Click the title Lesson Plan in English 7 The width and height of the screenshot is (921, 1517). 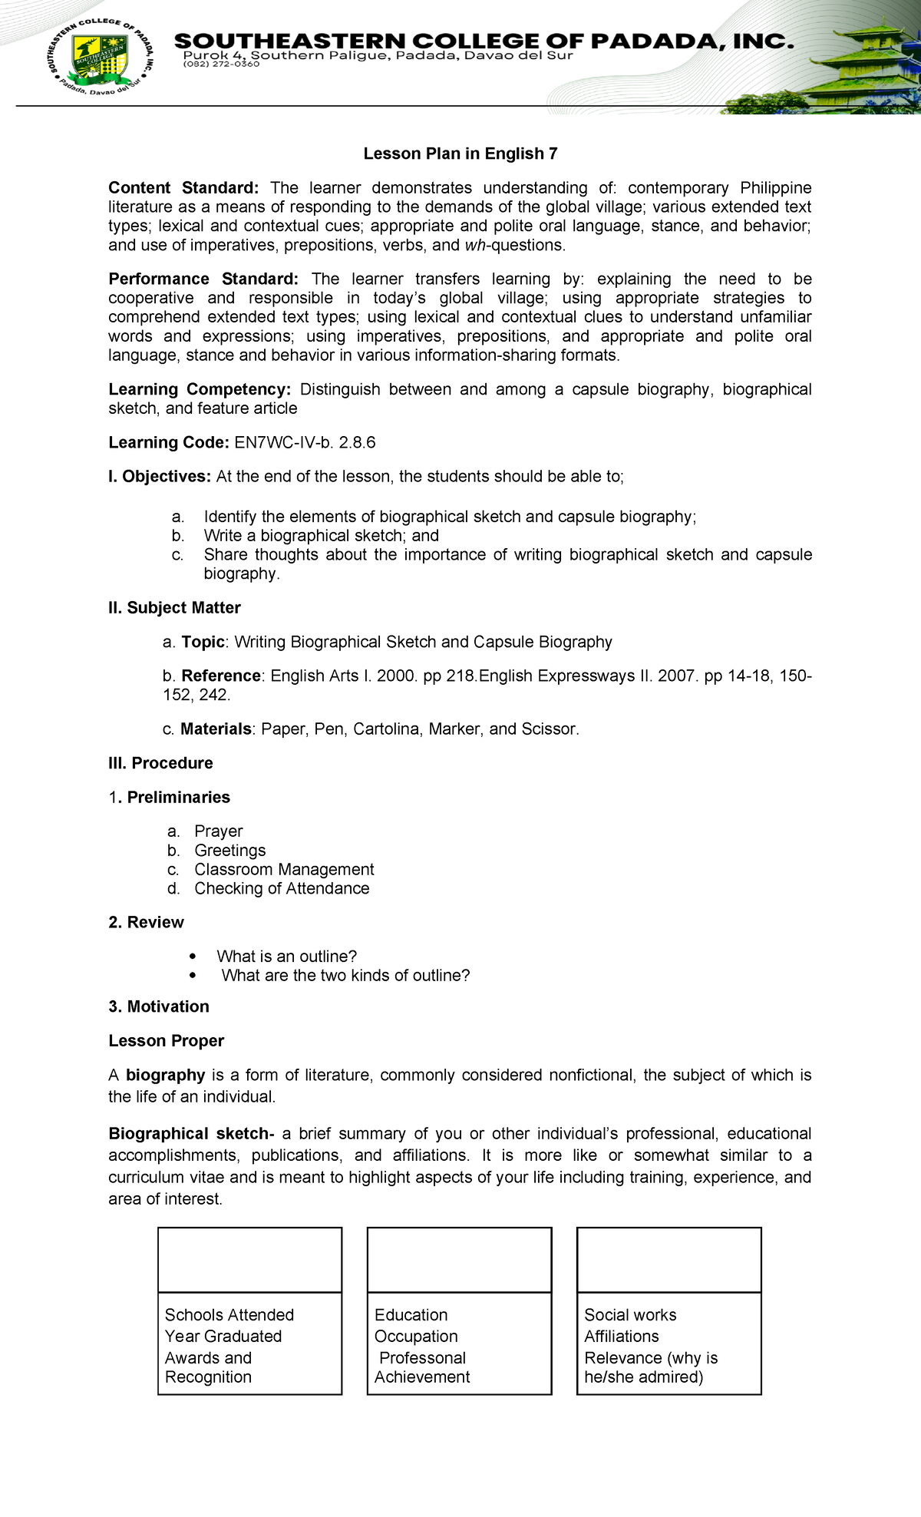click(x=460, y=154)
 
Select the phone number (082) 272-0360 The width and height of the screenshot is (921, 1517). click(x=221, y=64)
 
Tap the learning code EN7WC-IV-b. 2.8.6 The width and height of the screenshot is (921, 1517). click(x=305, y=443)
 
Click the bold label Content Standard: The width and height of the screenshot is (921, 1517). click(x=183, y=188)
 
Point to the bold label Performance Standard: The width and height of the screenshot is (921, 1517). click(x=203, y=279)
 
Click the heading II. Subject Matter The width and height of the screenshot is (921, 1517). click(x=174, y=608)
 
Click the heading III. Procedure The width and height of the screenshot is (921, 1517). click(x=160, y=763)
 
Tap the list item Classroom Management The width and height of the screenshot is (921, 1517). click(x=284, y=870)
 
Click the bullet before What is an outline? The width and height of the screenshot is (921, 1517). click(x=193, y=957)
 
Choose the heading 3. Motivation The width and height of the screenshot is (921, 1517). click(x=159, y=1006)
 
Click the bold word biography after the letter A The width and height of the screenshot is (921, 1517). click(x=165, y=1075)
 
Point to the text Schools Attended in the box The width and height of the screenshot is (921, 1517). click(x=229, y=1315)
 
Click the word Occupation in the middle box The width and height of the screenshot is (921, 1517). click(x=415, y=1337)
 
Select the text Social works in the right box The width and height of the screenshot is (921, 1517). click(x=629, y=1315)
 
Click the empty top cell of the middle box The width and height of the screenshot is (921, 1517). click(x=459, y=1260)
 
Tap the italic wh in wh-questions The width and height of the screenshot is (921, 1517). click(x=475, y=246)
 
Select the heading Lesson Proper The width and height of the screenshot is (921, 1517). click(x=166, y=1041)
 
